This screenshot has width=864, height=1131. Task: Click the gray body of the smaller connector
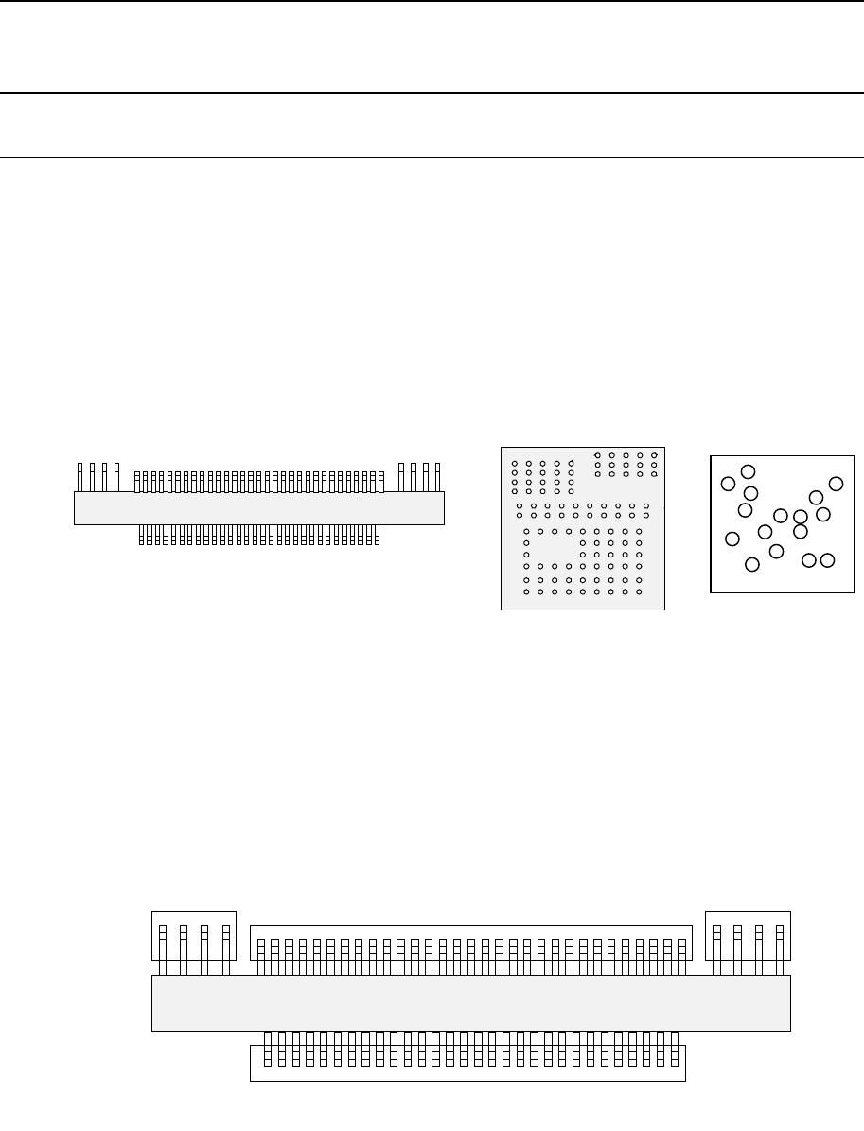coord(258,508)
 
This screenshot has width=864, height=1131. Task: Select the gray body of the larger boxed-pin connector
coord(470,1003)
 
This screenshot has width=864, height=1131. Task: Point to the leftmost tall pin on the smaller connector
coord(79,477)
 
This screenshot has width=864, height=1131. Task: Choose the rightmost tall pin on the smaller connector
coord(437,477)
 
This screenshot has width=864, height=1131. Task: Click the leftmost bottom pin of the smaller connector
coord(142,536)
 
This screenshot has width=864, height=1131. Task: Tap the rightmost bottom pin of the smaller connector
coord(377,536)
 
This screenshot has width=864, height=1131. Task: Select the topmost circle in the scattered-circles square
coord(748,471)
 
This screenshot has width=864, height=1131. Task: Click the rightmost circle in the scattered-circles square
coord(836,484)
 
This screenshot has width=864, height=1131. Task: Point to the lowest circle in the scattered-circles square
coord(752,565)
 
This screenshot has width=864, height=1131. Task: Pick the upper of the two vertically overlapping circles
coord(801,517)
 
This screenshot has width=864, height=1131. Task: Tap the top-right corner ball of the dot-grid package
coord(654,455)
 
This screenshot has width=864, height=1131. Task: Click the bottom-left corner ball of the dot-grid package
coord(526,592)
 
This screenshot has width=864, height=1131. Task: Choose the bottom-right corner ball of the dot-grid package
coord(640,592)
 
